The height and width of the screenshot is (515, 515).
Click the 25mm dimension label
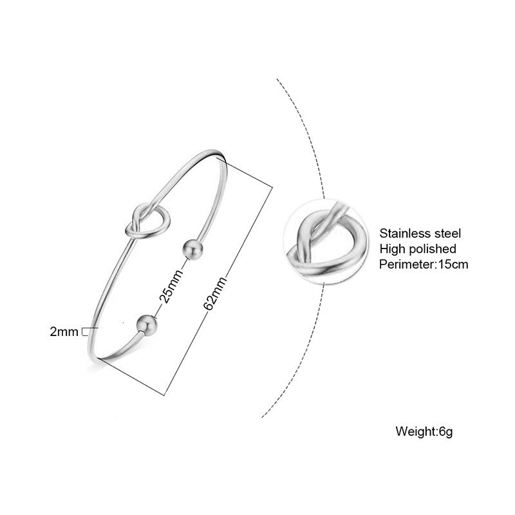pyautogui.click(x=171, y=286)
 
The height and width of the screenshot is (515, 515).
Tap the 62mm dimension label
pyautogui.click(x=215, y=294)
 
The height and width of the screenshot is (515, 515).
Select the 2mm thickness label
pyautogui.click(x=64, y=332)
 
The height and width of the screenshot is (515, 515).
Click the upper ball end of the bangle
pyautogui.click(x=192, y=250)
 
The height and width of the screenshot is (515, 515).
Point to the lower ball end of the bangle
pyautogui.click(x=147, y=325)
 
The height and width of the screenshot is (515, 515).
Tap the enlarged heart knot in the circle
pyautogui.click(x=324, y=242)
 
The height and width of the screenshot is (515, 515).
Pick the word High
pyautogui.click(x=392, y=248)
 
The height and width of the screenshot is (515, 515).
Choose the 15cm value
pyautogui.click(x=453, y=265)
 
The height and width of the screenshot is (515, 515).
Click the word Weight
pyautogui.click(x=415, y=431)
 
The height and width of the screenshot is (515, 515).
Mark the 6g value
pyautogui.click(x=446, y=432)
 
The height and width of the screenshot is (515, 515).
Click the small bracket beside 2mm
pyautogui.click(x=85, y=332)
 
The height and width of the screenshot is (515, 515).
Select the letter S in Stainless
pyautogui.click(x=384, y=234)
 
